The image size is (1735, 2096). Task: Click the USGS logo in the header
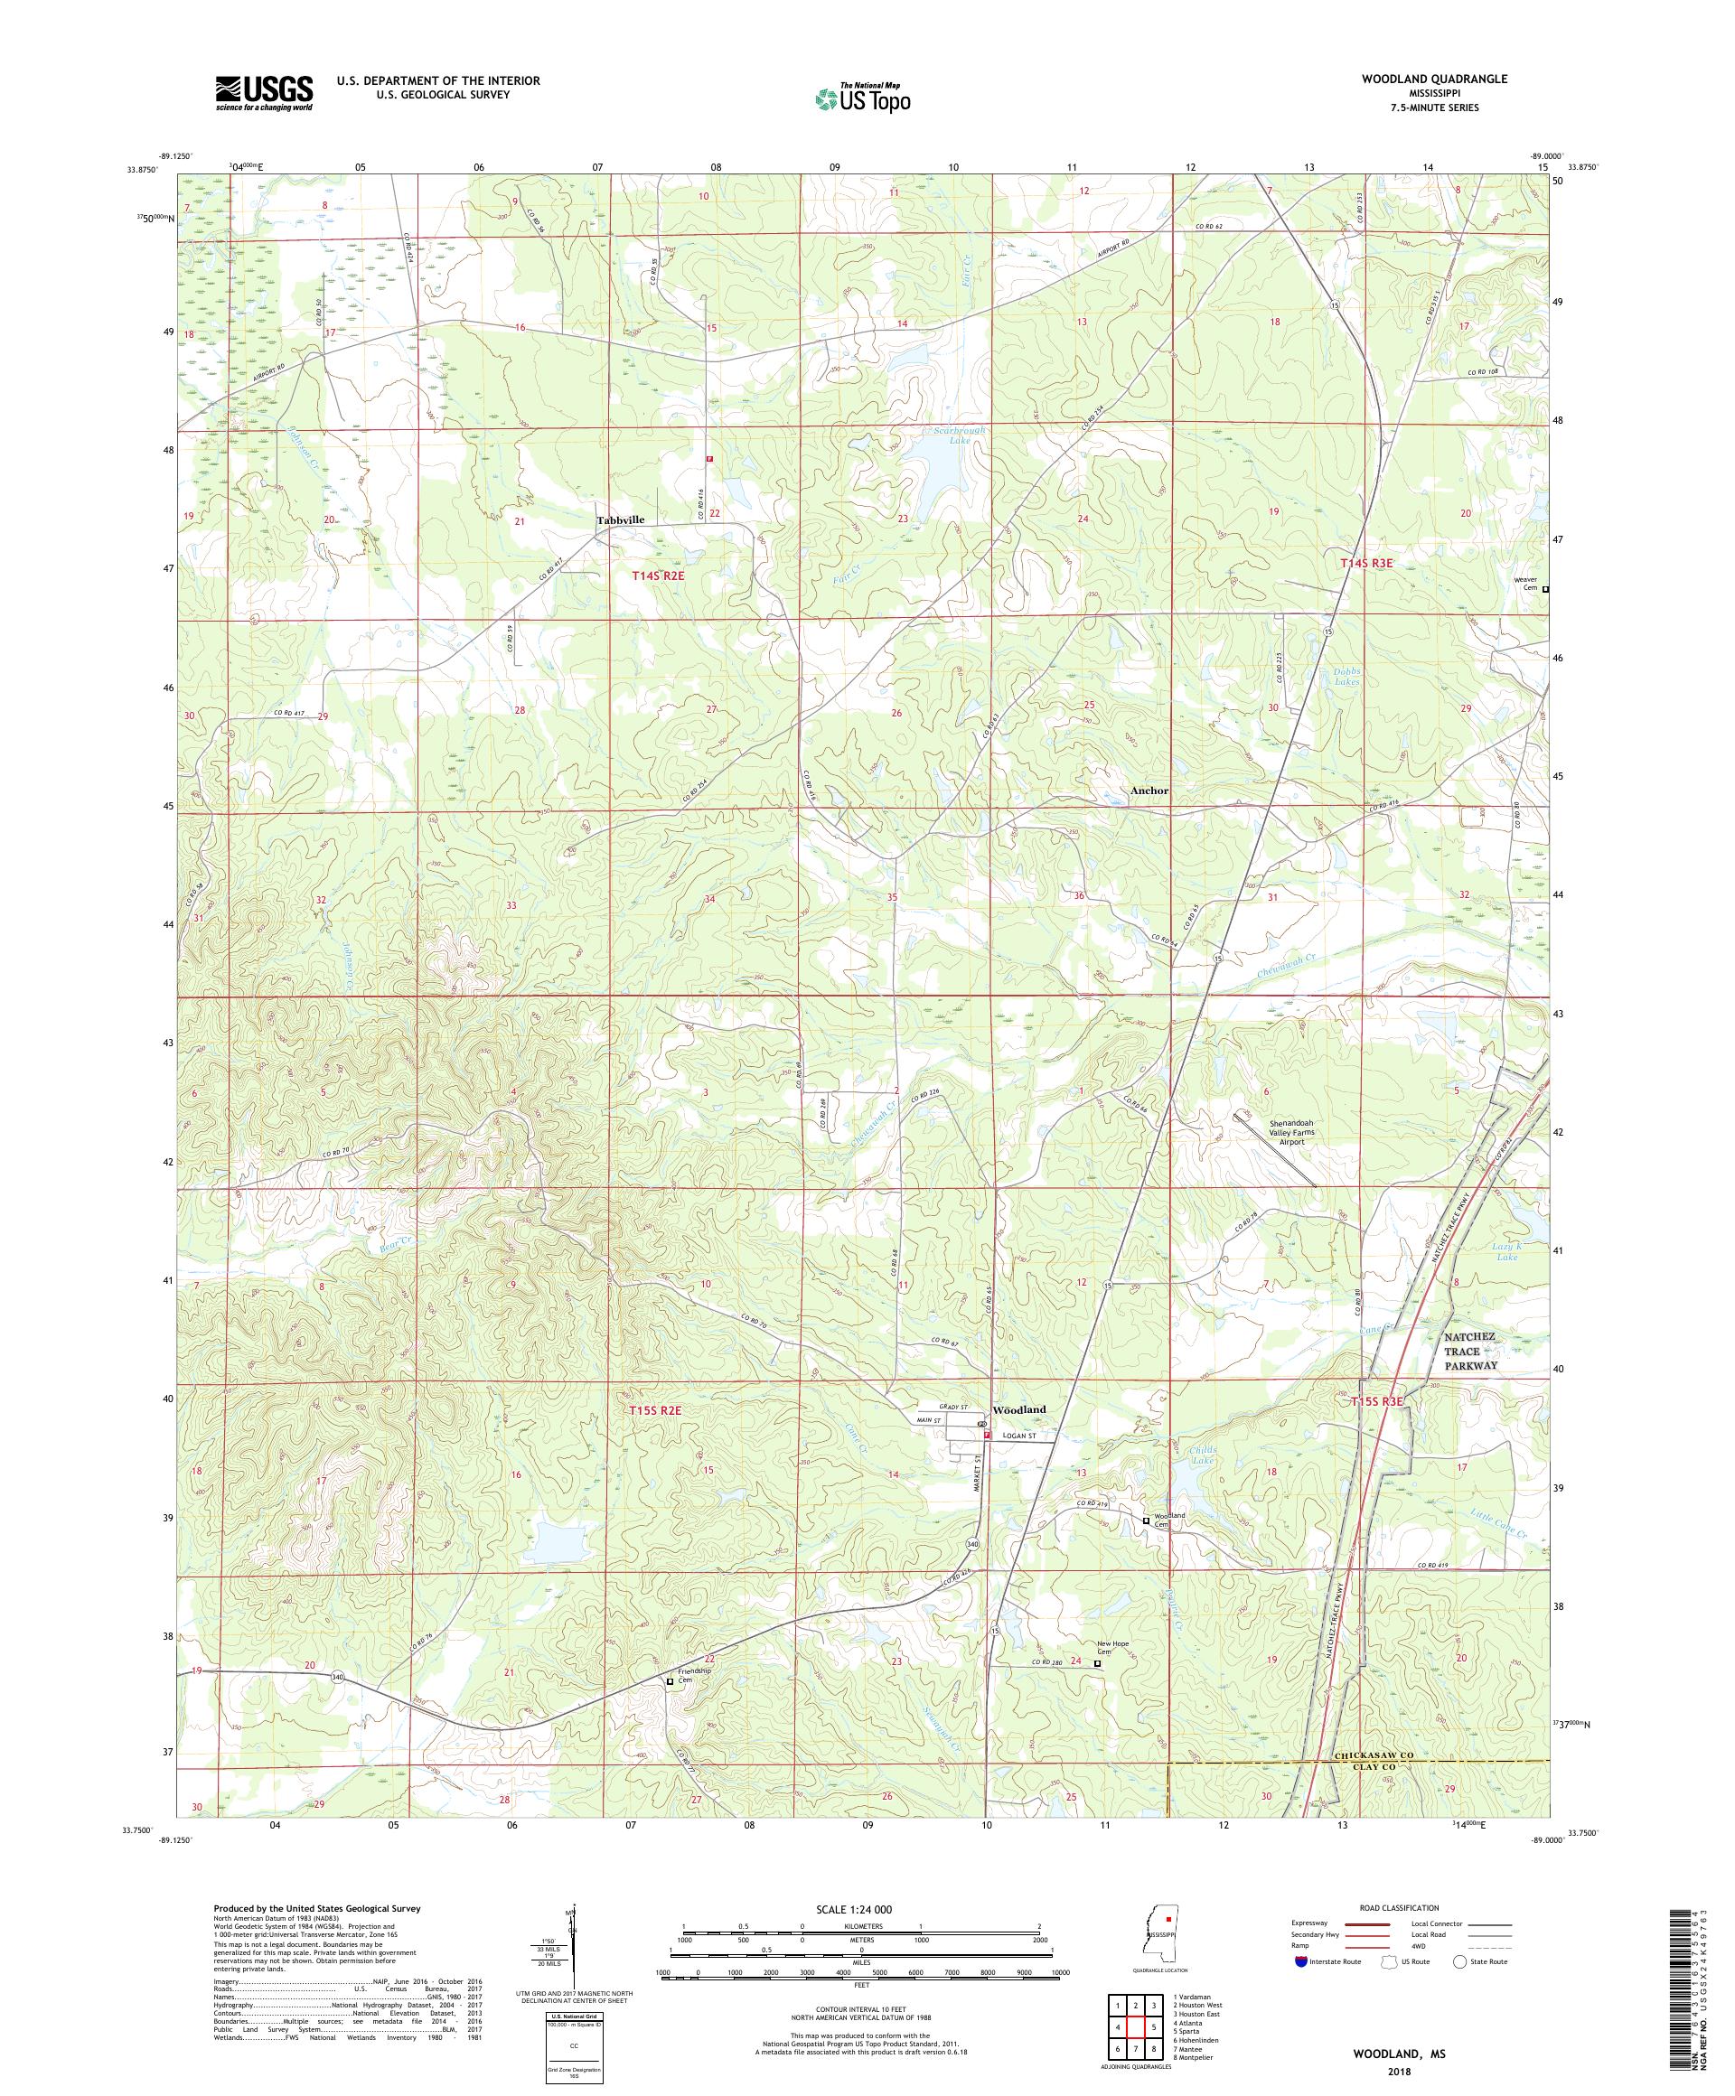(264, 94)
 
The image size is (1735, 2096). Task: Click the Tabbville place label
(620, 520)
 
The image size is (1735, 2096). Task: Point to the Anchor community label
(1149, 790)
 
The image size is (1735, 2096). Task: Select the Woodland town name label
(1018, 1409)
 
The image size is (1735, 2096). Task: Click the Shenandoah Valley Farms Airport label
(1277, 1132)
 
